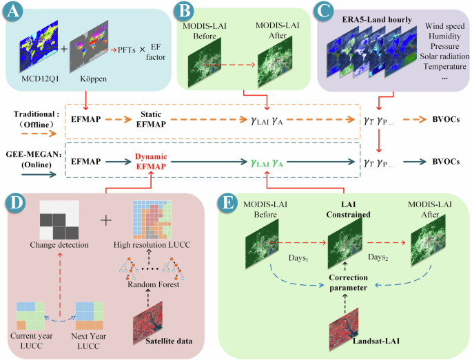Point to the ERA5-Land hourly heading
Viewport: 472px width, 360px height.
(x=376, y=19)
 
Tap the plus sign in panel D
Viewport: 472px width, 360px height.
(x=105, y=222)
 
